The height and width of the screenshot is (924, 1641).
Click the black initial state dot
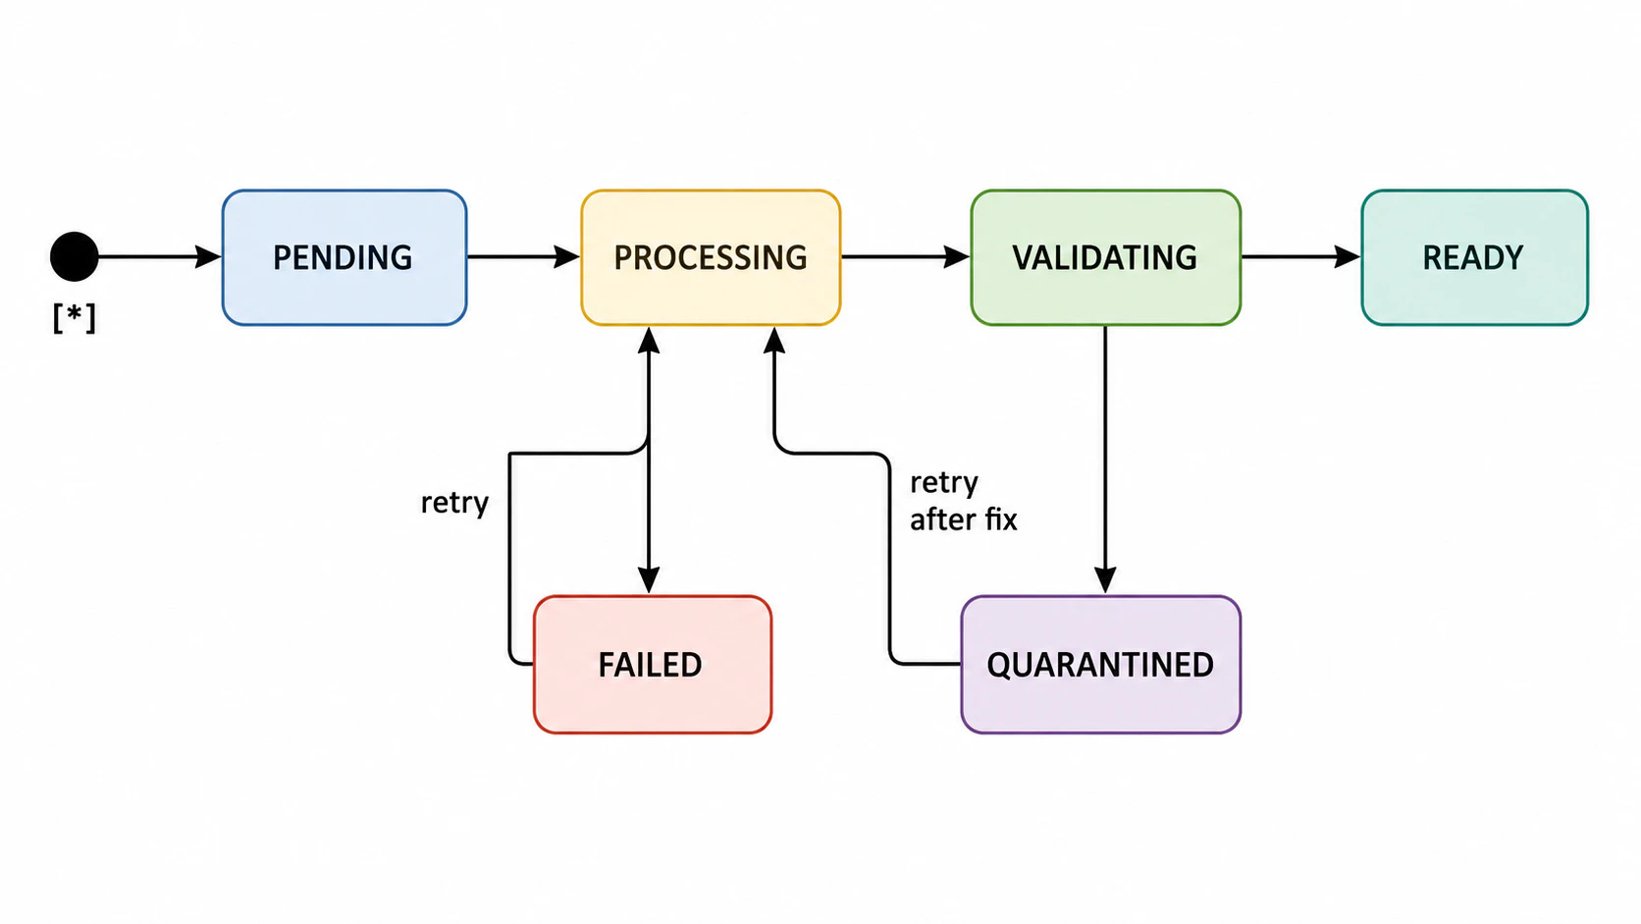coord(74,256)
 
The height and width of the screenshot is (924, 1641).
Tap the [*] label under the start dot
coord(74,318)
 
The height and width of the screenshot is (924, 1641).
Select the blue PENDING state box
coord(344,257)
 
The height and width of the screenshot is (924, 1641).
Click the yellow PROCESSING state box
coord(711,257)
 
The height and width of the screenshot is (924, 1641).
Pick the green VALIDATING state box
coord(1105,257)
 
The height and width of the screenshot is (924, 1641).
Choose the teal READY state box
coord(1475,257)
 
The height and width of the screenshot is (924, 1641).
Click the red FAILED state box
coord(652,665)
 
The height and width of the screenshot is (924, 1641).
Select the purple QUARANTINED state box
coord(1100,665)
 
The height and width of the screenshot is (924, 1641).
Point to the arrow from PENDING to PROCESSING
coord(524,256)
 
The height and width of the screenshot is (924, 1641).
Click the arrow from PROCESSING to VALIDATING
coord(906,256)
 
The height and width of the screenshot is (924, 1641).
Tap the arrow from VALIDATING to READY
coord(1301,256)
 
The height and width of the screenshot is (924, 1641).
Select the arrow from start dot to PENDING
coord(159,256)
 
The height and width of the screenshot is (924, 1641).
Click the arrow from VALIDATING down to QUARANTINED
coord(1105,460)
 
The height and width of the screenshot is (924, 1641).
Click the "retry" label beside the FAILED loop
coord(454,503)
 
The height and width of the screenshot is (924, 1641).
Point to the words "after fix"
coord(964,519)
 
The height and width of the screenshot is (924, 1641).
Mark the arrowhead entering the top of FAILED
coord(649,579)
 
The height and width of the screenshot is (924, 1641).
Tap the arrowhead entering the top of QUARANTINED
coord(1105,579)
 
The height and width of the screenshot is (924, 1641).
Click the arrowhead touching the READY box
coord(1348,256)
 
